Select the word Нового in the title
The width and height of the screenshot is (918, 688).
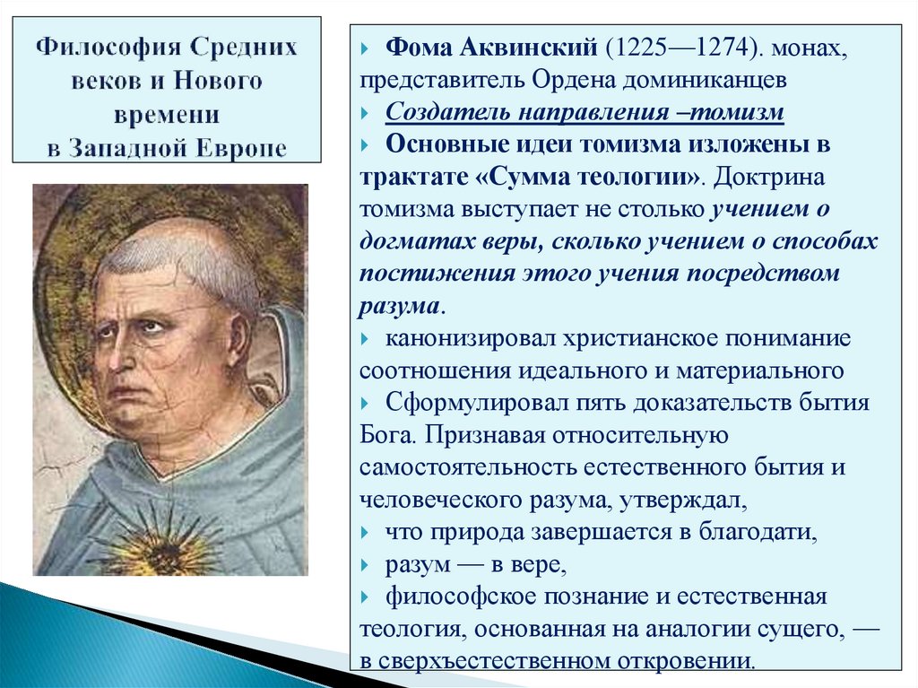[x=218, y=81]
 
